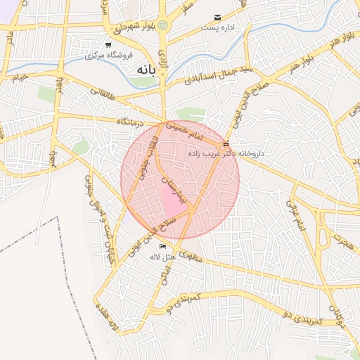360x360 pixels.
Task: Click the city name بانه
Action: click(x=143, y=70)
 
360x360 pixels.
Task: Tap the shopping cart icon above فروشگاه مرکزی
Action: click(x=108, y=44)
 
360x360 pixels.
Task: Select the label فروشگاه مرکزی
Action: click(x=101, y=55)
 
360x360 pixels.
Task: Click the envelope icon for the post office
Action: click(x=217, y=17)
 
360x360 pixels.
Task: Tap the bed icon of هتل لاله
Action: click(x=163, y=247)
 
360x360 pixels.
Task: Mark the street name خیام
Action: click(x=19, y=75)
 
